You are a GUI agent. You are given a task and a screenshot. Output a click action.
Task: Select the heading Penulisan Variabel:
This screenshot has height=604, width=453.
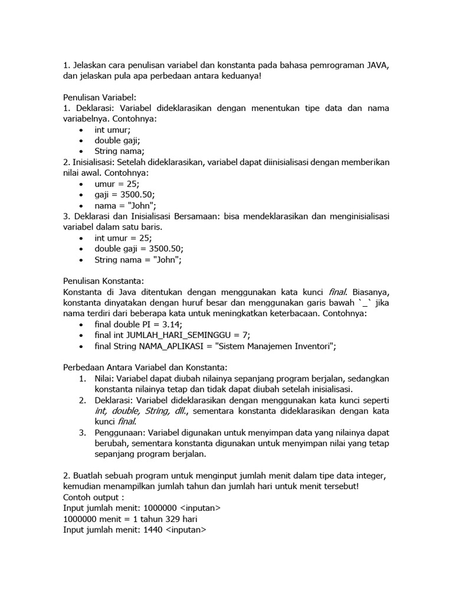click(x=99, y=97)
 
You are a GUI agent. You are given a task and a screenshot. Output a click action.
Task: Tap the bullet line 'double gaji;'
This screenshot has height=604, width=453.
click(x=117, y=140)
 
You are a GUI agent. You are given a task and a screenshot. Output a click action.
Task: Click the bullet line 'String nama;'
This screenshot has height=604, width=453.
click(x=119, y=151)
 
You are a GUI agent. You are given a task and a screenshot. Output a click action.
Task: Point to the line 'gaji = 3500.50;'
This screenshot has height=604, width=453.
click(x=124, y=195)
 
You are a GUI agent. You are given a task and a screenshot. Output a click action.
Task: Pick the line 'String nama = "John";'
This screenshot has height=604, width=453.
click(x=138, y=260)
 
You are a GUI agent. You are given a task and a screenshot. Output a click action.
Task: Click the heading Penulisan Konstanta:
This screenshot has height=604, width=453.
click(x=103, y=281)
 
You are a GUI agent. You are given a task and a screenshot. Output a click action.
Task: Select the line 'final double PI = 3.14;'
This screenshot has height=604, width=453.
click(x=139, y=324)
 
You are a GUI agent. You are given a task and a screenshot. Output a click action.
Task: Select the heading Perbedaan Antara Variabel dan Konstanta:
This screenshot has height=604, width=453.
click(x=145, y=367)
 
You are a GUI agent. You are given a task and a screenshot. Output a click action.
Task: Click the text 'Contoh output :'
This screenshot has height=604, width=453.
click(x=94, y=498)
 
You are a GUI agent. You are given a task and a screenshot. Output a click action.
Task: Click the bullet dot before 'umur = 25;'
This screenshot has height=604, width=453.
click(x=81, y=184)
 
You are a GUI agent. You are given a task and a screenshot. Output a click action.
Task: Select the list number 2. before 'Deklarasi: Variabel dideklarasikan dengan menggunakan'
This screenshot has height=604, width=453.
click(x=83, y=401)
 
